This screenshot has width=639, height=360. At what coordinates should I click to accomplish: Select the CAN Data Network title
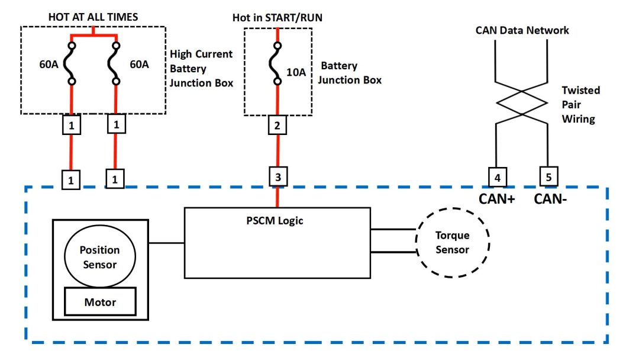(522, 30)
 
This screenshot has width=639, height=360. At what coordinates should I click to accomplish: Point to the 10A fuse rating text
(296, 73)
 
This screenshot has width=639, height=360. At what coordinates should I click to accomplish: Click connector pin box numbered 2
(278, 125)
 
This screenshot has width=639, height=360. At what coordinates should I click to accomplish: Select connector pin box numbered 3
(278, 176)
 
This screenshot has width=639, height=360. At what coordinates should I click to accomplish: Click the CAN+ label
(496, 198)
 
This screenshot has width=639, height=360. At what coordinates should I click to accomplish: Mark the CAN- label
(550, 198)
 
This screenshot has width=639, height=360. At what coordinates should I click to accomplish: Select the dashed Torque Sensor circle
(452, 242)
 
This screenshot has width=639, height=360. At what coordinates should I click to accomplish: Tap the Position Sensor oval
(99, 257)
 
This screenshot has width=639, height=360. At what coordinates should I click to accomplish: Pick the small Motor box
(100, 302)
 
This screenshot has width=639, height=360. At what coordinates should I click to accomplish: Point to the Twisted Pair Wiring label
(580, 105)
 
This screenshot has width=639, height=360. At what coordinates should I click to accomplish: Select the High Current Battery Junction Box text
(201, 69)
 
